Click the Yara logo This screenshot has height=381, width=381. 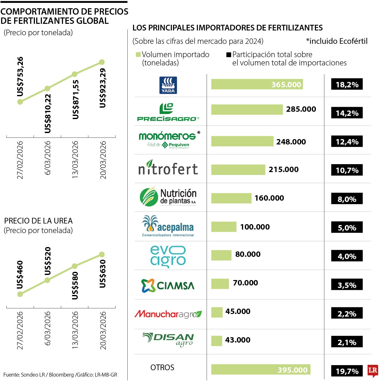[x=168, y=85]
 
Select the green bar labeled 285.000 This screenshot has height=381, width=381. [x=247, y=110]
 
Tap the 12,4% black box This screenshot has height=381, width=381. [x=347, y=142]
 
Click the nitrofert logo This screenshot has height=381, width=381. [x=168, y=169]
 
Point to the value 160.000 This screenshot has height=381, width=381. [x=269, y=198]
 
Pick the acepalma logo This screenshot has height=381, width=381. [x=168, y=226]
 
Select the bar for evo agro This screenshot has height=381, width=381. [x=221, y=255]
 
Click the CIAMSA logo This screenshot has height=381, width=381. [x=168, y=285]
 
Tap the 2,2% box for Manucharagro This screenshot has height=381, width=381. [x=347, y=314]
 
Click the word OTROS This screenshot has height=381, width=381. [x=162, y=367]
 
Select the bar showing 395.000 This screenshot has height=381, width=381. [x=260, y=370]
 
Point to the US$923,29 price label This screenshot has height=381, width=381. [x=103, y=88]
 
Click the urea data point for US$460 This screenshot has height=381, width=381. [x=20, y=294]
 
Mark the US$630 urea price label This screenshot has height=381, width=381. [x=103, y=274]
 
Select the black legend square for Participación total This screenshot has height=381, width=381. [x=229, y=55]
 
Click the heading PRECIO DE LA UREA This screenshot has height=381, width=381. [x=38, y=221]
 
